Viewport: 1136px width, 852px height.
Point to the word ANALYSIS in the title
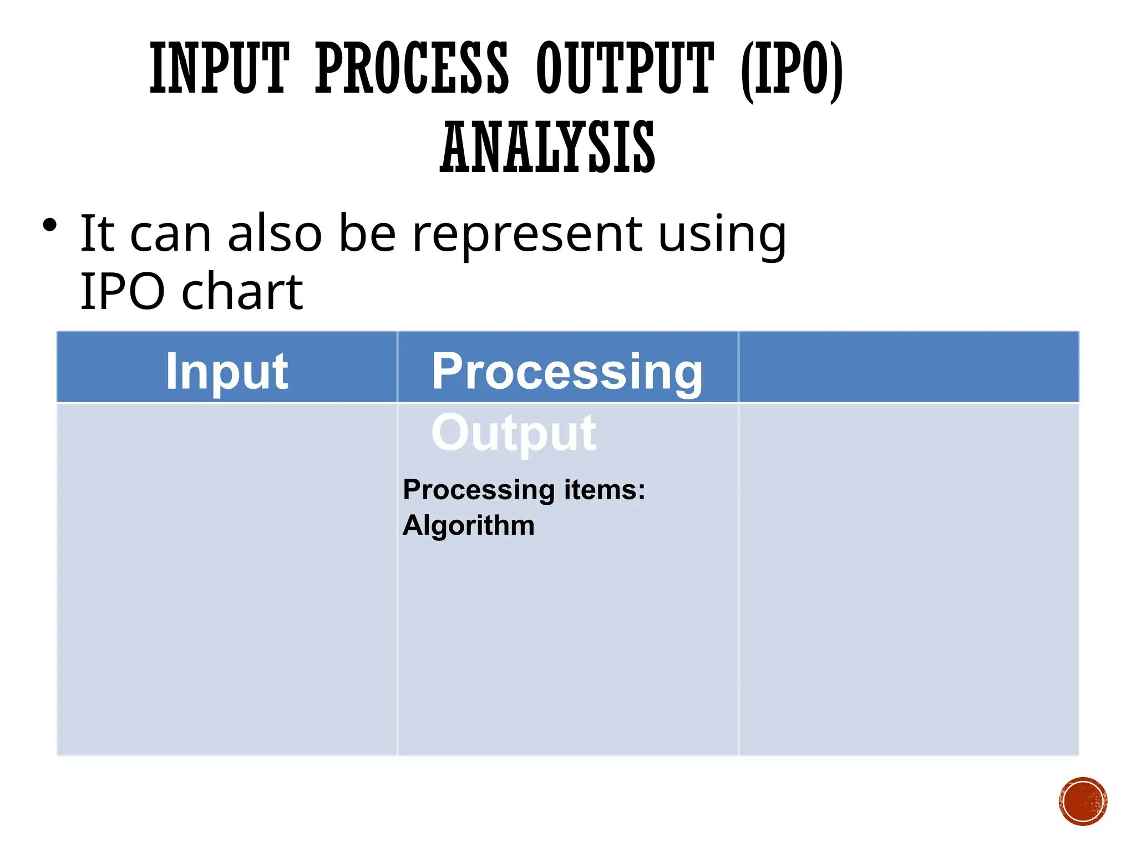[x=547, y=147]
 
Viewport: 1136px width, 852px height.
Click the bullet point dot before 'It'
[x=49, y=225]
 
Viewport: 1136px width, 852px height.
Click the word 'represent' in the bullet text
[x=527, y=235]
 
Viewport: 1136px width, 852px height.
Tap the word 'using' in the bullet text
[x=722, y=236]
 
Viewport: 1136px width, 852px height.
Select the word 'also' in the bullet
[x=275, y=234]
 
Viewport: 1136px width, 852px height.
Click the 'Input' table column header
[x=226, y=371]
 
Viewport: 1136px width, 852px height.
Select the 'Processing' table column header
[x=567, y=372]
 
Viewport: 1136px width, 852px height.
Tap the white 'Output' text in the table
[x=514, y=433]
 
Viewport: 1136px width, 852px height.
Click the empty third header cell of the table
[x=909, y=367]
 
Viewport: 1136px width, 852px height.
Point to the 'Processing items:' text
[x=524, y=490]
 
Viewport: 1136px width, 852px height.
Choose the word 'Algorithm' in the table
[x=468, y=525]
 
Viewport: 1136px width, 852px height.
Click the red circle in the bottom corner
[x=1083, y=802]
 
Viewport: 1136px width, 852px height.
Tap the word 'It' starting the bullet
[x=97, y=234]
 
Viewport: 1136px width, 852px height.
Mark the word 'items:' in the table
[x=605, y=490]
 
